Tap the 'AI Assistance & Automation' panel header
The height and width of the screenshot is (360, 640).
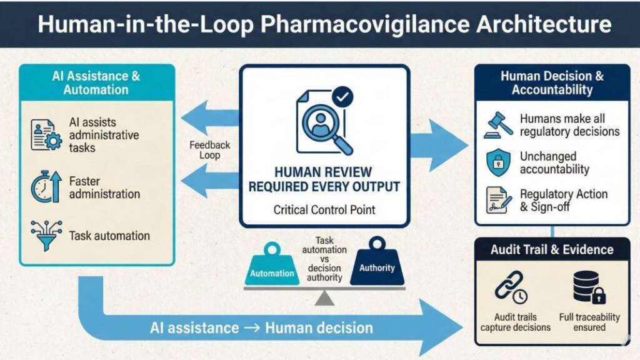pyautogui.click(x=96, y=82)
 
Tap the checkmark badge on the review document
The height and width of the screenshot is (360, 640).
pyautogui.click(x=343, y=96)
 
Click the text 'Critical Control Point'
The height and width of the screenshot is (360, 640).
pyautogui.click(x=324, y=209)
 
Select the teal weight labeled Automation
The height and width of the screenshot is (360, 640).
pyautogui.click(x=272, y=267)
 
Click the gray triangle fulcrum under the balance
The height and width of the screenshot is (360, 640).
pyautogui.click(x=324, y=299)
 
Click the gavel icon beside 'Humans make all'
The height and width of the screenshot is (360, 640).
pyautogui.click(x=498, y=125)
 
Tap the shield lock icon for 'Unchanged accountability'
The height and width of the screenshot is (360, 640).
pyautogui.click(x=498, y=163)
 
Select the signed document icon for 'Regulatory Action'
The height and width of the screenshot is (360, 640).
pyautogui.click(x=498, y=200)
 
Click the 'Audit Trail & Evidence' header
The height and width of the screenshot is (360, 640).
pyautogui.click(x=552, y=249)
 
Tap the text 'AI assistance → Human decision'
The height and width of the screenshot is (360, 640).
pyautogui.click(x=261, y=327)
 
